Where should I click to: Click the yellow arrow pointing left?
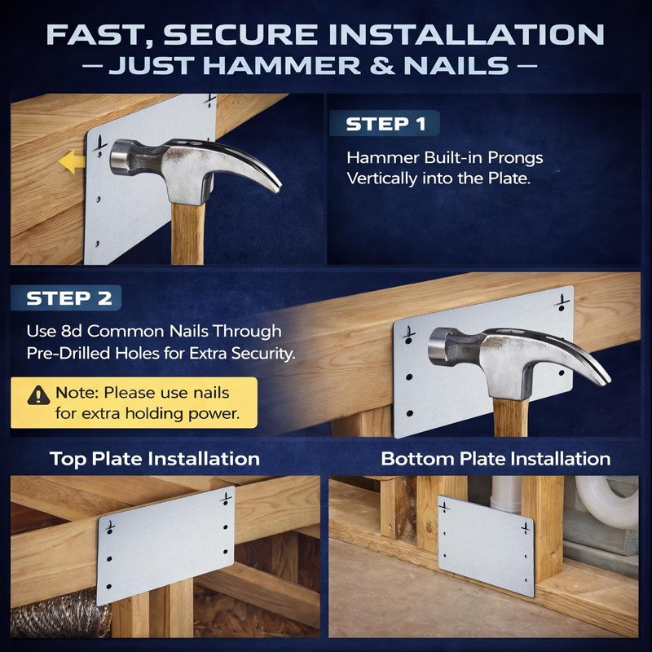(72, 161)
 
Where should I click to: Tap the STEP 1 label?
(385, 124)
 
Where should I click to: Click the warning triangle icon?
(38, 395)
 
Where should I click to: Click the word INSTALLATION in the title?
(466, 34)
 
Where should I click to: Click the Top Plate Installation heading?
(155, 459)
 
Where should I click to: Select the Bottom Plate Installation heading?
(496, 459)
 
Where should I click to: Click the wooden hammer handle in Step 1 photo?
(188, 234)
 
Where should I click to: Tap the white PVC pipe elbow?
(607, 502)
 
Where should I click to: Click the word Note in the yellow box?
(77, 393)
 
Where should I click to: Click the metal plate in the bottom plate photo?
(486, 546)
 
